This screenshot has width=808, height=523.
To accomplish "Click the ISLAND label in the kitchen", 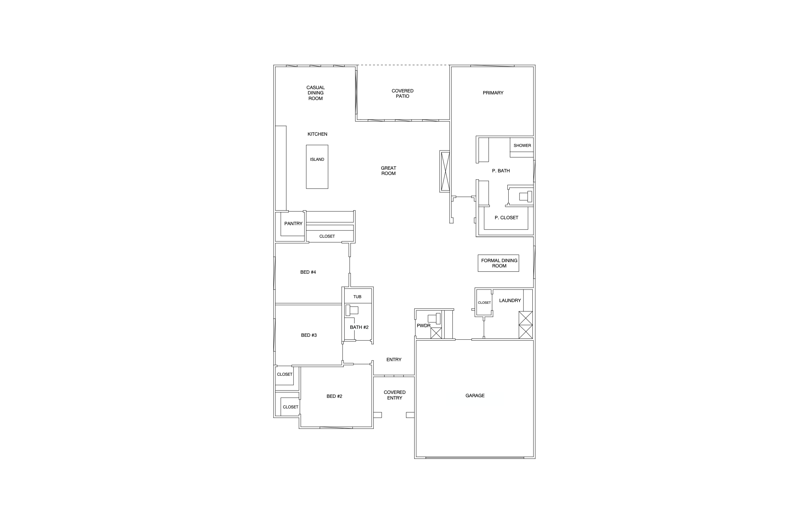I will pyautogui.click(x=317, y=159).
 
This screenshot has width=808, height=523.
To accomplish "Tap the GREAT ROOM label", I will pyautogui.click(x=388, y=171).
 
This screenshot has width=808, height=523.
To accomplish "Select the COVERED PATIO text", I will pyautogui.click(x=402, y=93).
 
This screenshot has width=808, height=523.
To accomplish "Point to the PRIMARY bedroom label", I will pyautogui.click(x=493, y=93).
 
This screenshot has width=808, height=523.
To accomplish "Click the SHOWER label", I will pyautogui.click(x=522, y=145).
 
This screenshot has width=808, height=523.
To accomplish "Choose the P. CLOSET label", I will pyautogui.click(x=506, y=218).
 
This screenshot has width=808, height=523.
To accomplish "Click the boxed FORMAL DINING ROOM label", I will pyautogui.click(x=499, y=263).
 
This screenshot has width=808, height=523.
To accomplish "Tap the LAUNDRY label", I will pyautogui.click(x=510, y=300).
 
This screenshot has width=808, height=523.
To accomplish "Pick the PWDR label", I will pyautogui.click(x=423, y=326).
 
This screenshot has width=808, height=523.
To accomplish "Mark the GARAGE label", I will pyautogui.click(x=475, y=396).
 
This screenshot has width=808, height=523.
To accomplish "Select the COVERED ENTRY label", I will pyautogui.click(x=394, y=395).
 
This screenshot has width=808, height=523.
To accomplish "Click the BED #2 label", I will pyautogui.click(x=334, y=396).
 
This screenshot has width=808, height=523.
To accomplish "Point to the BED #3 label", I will pyautogui.click(x=309, y=335).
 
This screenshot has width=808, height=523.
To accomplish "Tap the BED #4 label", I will pyautogui.click(x=308, y=272).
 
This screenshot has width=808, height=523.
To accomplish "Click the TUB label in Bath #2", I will pyautogui.click(x=357, y=297).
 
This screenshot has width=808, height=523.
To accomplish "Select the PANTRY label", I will pyautogui.click(x=293, y=224).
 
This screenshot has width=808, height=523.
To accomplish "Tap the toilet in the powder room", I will pyautogui.click(x=434, y=319).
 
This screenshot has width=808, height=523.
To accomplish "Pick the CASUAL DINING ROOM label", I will pyautogui.click(x=316, y=93).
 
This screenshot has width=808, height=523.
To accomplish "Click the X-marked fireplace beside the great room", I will pyautogui.click(x=445, y=171).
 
